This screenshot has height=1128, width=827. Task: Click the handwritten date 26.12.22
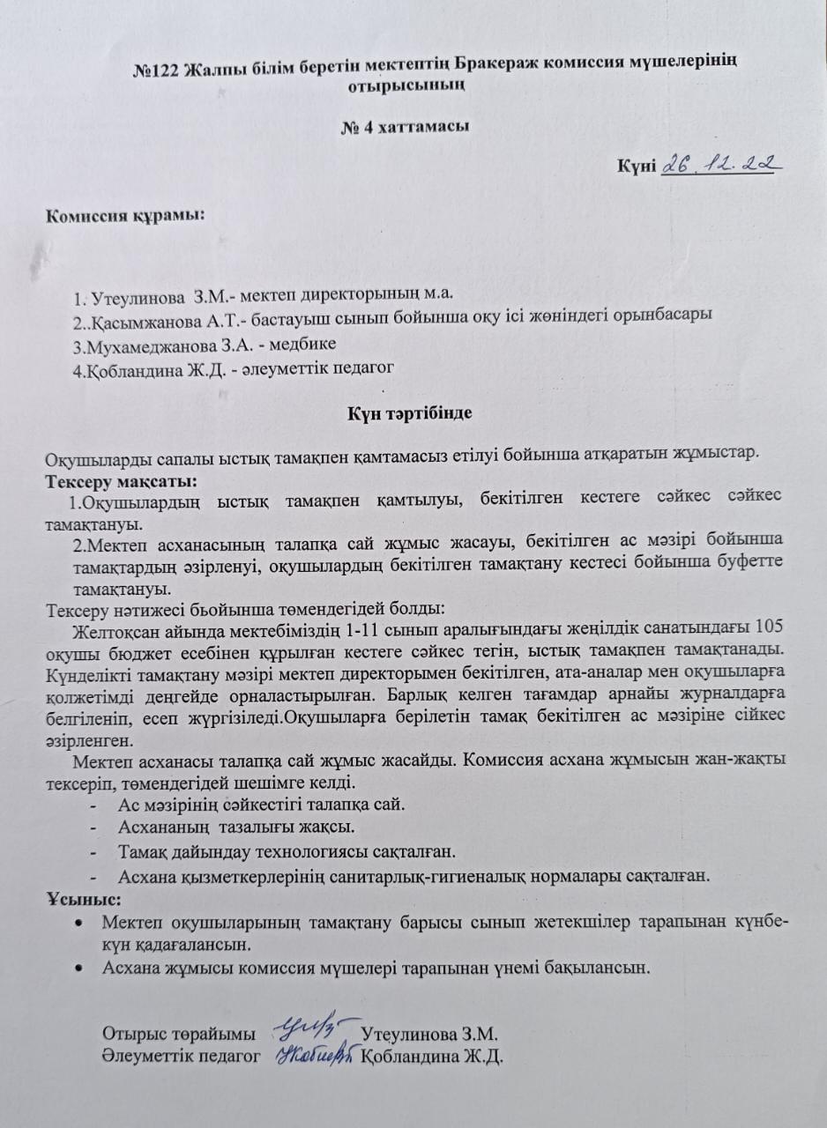[x=721, y=164]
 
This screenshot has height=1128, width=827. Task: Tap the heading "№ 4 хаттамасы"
[x=405, y=126]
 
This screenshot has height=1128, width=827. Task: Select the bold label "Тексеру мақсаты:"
[x=121, y=481]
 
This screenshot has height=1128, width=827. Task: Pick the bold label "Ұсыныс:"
[x=84, y=900]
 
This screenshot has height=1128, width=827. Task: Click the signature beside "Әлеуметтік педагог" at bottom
[x=316, y=1054]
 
